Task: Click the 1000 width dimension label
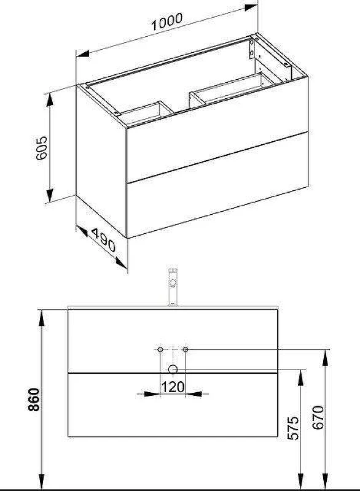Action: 166,21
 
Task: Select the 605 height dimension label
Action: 41,148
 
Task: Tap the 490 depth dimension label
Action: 103,240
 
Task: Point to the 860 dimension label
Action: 34,400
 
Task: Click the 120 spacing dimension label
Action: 173,387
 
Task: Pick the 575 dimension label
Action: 293,428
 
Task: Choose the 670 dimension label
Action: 318,417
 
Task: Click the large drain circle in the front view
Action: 173,369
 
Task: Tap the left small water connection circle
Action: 160,349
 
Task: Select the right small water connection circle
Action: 185,349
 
